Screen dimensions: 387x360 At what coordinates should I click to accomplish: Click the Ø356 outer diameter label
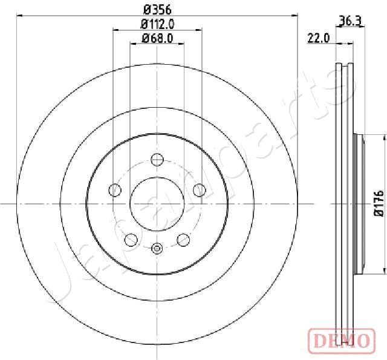click(157, 10)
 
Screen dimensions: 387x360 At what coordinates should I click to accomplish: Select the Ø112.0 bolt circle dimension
click(157, 24)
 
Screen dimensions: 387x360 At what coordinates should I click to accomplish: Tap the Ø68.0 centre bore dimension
click(157, 38)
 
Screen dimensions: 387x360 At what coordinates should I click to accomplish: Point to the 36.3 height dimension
click(351, 21)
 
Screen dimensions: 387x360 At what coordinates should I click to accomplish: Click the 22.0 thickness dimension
click(319, 38)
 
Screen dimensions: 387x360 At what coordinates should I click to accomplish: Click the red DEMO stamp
click(342, 341)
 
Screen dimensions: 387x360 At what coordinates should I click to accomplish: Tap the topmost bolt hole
click(157, 160)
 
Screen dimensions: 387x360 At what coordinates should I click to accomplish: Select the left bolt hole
click(115, 190)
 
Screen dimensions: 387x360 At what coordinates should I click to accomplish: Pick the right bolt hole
click(200, 190)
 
